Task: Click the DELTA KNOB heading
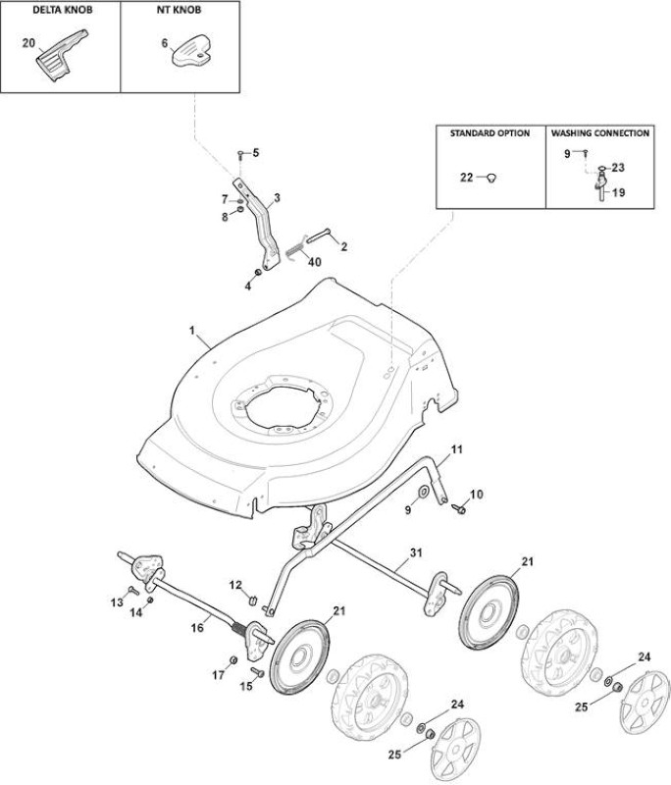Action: [63, 10]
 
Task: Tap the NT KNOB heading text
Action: [180, 10]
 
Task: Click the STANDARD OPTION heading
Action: [490, 133]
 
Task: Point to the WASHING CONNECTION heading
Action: [600, 133]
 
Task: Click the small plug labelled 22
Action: [491, 178]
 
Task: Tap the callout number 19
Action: [619, 192]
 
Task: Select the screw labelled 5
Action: [240, 153]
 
